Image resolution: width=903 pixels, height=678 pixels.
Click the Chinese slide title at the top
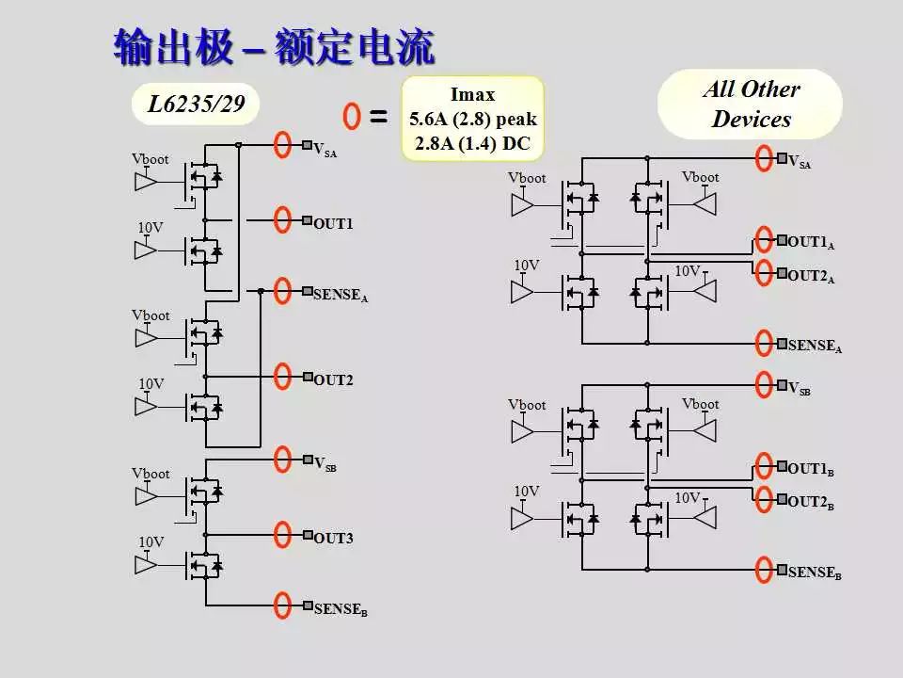pos(274,47)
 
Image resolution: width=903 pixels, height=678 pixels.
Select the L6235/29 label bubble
pos(195,105)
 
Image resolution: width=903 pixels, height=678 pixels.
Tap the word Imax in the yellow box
pos(472,94)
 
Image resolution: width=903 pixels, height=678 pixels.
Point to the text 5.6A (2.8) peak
pos(472,120)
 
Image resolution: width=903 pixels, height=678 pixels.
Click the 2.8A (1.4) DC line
pos(472,144)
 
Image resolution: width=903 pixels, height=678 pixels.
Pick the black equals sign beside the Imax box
pos(378,118)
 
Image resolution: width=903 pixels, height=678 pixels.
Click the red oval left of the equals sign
pos(352,117)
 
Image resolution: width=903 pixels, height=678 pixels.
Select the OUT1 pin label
pos(333,224)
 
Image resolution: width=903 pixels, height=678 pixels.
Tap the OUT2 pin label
pos(333,380)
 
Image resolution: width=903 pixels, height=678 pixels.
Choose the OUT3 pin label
pos(333,539)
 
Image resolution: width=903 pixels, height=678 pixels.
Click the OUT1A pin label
pos(811,243)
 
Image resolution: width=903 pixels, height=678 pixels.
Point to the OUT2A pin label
pos(811,277)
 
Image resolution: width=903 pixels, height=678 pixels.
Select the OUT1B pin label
pos(811,469)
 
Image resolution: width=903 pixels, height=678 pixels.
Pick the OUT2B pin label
pos(811,503)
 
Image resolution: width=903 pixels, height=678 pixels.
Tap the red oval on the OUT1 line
pos(282,219)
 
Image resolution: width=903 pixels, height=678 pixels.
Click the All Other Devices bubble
pos(751,105)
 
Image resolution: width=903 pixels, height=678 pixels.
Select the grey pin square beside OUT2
pos(308,378)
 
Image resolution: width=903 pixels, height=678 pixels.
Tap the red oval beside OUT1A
pos(764,239)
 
